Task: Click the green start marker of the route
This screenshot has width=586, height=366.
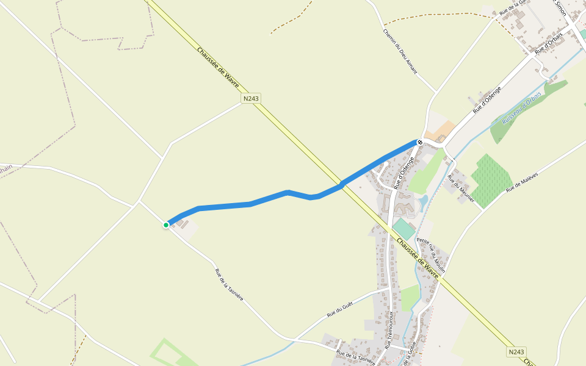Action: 166,225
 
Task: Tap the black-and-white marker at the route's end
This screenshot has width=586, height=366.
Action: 420,142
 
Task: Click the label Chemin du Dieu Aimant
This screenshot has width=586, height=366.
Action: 400,52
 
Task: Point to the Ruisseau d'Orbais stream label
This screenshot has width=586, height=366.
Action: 521,107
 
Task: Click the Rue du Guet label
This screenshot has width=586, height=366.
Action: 339,311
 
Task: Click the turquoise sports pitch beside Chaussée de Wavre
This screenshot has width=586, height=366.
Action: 403,229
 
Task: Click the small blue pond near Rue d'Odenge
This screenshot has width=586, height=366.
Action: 423,201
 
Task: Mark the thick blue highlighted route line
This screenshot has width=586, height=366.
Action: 269,199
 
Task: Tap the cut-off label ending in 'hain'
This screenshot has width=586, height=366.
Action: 6,167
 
